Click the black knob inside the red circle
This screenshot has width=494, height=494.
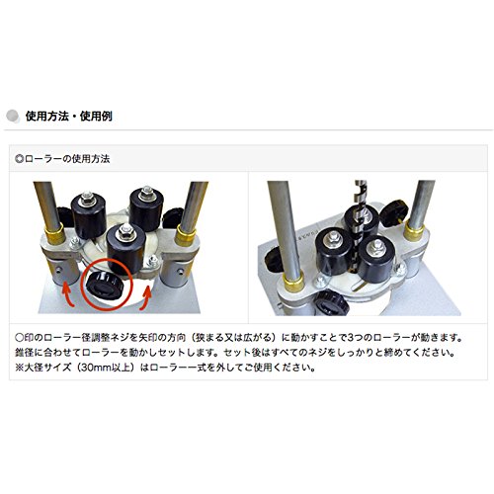click(105, 286)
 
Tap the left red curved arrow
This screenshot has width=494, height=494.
click(67, 294)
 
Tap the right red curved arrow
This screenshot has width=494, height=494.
click(146, 297)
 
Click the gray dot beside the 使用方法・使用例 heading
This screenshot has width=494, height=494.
click(13, 116)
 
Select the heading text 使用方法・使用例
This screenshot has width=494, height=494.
click(69, 116)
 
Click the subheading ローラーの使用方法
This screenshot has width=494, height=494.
click(67, 159)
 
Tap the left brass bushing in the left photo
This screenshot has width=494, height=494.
click(54, 233)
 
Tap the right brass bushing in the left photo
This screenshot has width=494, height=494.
click(185, 235)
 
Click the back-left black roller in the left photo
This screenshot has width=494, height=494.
click(89, 214)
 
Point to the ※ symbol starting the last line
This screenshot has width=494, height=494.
click(20, 368)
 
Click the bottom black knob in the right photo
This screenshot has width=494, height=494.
click(331, 303)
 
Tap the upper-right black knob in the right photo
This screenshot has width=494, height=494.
click(394, 212)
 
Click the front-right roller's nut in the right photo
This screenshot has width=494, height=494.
click(375, 244)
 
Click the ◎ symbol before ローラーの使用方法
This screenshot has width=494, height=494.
click(20, 159)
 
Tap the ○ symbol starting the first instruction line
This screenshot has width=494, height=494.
click(20, 338)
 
